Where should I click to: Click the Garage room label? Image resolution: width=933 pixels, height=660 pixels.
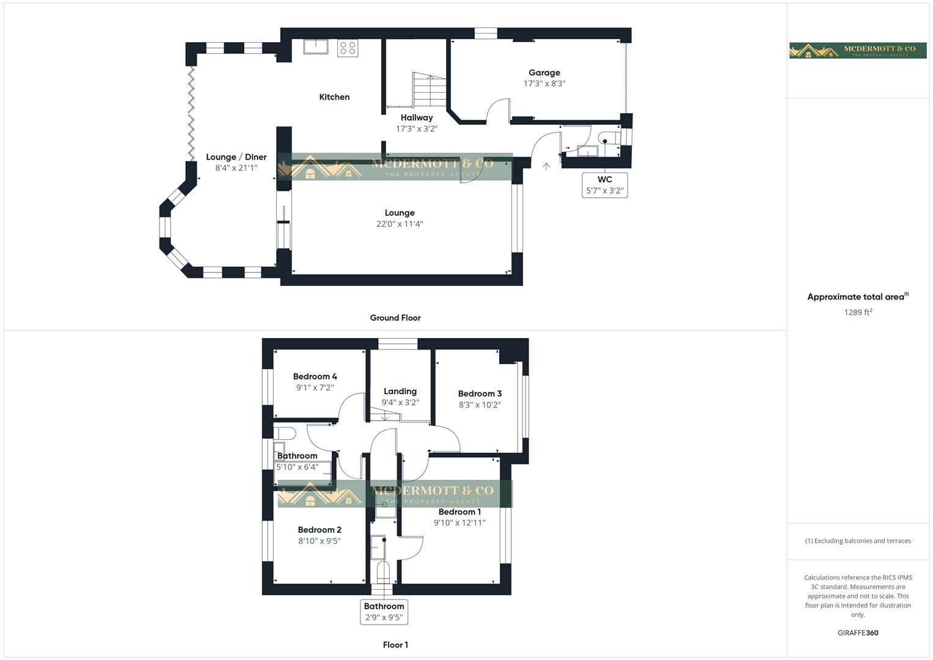pos(544,73)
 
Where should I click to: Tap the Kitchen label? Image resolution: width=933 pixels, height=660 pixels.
pos(334,97)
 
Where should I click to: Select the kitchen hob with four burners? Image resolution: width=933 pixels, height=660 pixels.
pos(348,48)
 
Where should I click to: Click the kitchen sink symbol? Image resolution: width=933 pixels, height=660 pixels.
pos(316,47)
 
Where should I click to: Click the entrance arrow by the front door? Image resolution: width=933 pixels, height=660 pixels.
pos(546,166)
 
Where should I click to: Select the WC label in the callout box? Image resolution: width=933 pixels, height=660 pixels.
pos(604,180)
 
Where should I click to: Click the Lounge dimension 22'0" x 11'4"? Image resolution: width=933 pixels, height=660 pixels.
pos(400,224)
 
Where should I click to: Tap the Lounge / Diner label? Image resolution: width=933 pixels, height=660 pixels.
pos(236,157)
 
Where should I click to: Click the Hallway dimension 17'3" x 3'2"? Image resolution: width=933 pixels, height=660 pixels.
pos(417,129)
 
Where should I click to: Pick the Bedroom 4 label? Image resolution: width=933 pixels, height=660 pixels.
pos(315,376)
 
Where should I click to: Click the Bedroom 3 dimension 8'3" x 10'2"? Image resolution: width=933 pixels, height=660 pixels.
pos(480,405)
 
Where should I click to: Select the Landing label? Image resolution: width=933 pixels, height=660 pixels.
pos(400,391)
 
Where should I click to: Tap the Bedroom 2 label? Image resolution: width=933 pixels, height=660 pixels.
pos(320,530)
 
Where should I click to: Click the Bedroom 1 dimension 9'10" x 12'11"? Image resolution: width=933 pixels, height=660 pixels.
pos(459,522)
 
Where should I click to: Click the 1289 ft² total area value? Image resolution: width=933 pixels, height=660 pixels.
pos(858,312)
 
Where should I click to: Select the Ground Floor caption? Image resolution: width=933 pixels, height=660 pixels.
pos(395,318)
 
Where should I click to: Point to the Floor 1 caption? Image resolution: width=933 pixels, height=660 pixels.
pos(395,645)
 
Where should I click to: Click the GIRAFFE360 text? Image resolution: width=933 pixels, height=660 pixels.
pos(858,632)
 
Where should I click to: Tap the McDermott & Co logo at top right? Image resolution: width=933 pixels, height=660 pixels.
pos(858,51)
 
